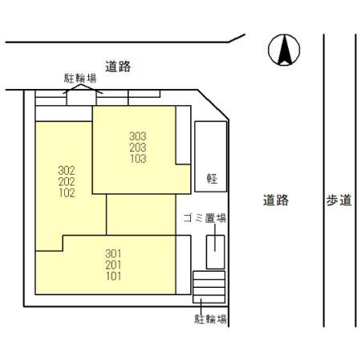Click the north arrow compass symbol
pos(283,51)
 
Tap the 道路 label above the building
pos(118,67)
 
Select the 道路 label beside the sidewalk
pos(275,200)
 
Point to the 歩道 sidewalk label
pos(339,200)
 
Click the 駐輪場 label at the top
pos(79,79)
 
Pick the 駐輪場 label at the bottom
pos(210,319)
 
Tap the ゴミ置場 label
pos(204,217)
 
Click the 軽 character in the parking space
pos(211,178)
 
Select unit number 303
pos(138,136)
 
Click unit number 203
pos(138,148)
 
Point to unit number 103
pos(138,159)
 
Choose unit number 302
pos(67,170)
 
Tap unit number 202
pos(67,181)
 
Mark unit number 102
pos(67,192)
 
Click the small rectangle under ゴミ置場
pos(215,252)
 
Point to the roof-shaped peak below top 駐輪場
pos(79,91)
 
